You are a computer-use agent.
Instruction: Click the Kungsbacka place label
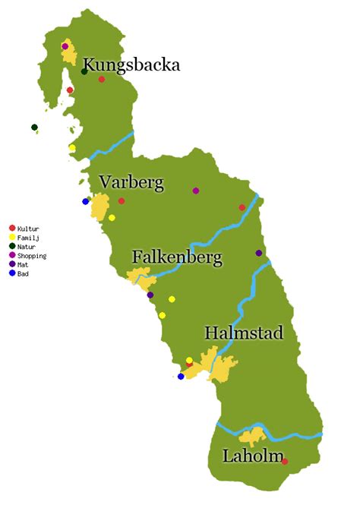(x=131, y=65)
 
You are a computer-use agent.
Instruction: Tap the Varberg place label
(x=131, y=183)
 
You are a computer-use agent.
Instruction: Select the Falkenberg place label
(x=177, y=258)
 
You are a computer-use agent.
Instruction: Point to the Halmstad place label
(x=243, y=333)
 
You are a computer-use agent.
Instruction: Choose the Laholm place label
(x=250, y=456)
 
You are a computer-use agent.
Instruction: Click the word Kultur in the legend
(x=28, y=229)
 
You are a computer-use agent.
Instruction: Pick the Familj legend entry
(x=28, y=238)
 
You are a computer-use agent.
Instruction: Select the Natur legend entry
(x=27, y=247)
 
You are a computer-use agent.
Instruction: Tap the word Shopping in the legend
(x=31, y=256)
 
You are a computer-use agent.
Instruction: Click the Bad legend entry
(x=23, y=274)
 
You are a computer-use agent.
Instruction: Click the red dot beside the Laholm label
(x=285, y=461)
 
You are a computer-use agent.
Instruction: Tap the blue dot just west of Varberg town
(x=86, y=201)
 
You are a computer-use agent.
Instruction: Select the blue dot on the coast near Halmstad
(x=181, y=376)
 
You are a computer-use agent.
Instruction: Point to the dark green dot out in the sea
(x=34, y=127)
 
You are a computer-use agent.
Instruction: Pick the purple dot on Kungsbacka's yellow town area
(x=65, y=46)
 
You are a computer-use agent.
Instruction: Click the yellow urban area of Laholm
(x=251, y=437)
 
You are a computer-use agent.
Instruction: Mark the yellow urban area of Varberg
(x=99, y=207)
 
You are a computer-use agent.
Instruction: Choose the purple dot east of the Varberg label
(x=196, y=191)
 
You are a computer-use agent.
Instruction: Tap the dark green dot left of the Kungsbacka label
(x=84, y=71)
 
